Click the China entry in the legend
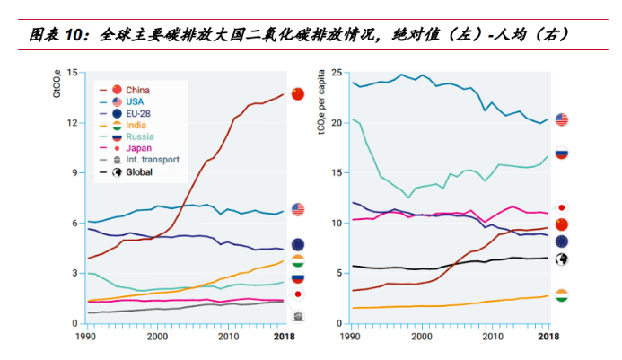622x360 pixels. point(137,90)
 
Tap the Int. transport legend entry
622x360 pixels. point(152,160)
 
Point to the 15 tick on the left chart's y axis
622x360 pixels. point(73,72)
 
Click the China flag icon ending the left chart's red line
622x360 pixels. point(298,92)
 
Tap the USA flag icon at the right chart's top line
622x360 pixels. point(563,119)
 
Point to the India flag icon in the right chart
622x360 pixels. point(563,295)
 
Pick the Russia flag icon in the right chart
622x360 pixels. point(563,153)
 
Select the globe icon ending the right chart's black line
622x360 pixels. point(563,259)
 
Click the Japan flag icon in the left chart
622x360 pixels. point(298,294)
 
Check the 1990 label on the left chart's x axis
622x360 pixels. point(87,336)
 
